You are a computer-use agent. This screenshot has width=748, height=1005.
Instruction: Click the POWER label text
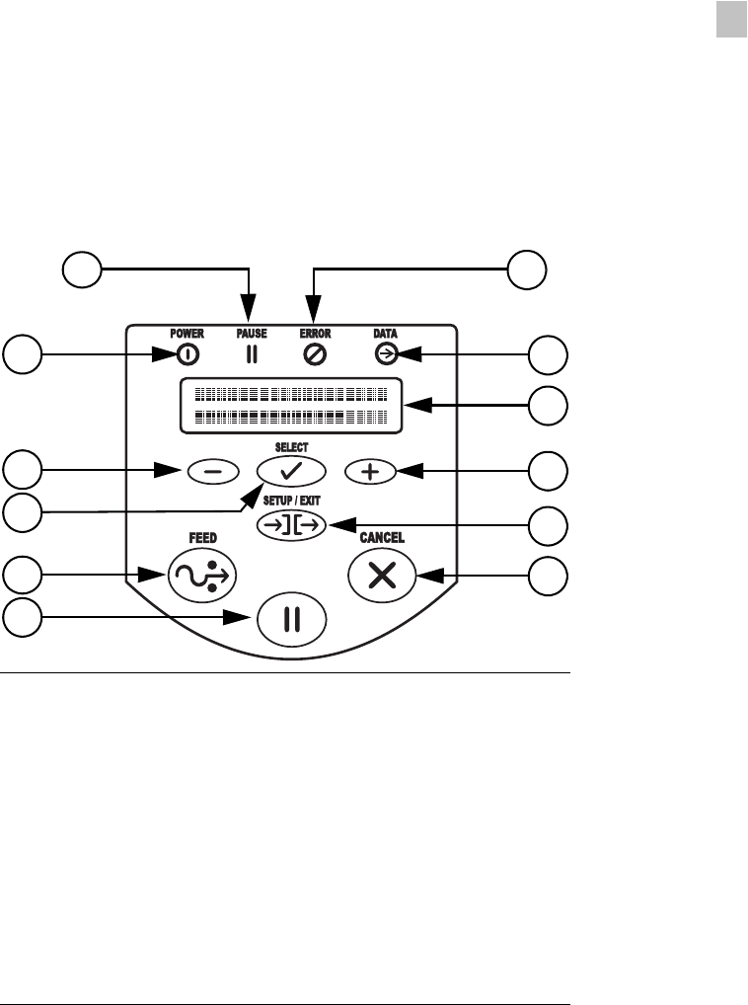coord(187,334)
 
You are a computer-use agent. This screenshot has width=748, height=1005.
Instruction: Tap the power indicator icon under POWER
coord(187,353)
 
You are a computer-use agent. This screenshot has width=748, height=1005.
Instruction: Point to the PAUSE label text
coord(252,334)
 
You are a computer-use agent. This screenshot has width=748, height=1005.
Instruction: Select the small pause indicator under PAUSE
coord(252,353)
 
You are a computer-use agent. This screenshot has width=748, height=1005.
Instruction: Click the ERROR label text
coord(316,334)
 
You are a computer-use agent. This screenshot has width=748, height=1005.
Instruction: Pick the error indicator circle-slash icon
coord(316,353)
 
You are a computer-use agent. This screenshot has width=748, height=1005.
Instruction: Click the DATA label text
coord(386,334)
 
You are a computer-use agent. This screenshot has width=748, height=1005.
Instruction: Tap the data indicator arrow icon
coord(386,353)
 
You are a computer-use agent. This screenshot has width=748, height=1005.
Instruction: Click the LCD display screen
coord(291,405)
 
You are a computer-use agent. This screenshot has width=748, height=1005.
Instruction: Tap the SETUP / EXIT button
coord(291,525)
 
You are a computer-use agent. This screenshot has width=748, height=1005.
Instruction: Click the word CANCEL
coord(382,538)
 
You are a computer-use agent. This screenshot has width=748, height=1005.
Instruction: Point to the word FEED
coord(202,538)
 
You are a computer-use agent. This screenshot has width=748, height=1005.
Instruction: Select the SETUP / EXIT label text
coord(291,500)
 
